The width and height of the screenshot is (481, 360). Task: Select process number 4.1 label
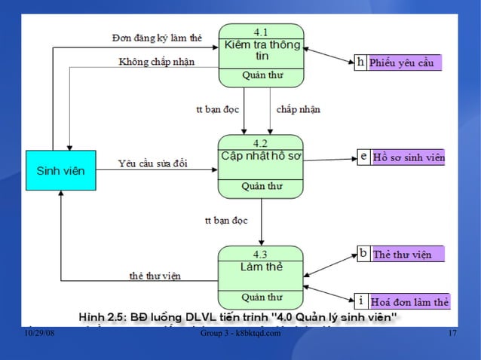261,32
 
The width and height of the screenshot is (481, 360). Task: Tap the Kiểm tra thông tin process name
261,50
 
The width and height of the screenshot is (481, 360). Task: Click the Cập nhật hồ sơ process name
261,156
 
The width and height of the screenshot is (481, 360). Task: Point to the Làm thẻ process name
261,267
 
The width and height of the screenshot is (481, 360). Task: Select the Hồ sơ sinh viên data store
408,157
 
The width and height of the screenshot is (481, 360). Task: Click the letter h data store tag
361,63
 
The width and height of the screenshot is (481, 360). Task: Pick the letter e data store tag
363,157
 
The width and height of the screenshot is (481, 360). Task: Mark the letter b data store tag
363,254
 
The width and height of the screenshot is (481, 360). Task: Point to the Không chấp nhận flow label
156,62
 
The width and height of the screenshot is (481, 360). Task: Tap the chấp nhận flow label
298,109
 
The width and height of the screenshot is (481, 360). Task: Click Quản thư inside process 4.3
261,297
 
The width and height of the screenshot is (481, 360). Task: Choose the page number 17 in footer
452,334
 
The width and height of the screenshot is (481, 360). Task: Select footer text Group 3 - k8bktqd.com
240,334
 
